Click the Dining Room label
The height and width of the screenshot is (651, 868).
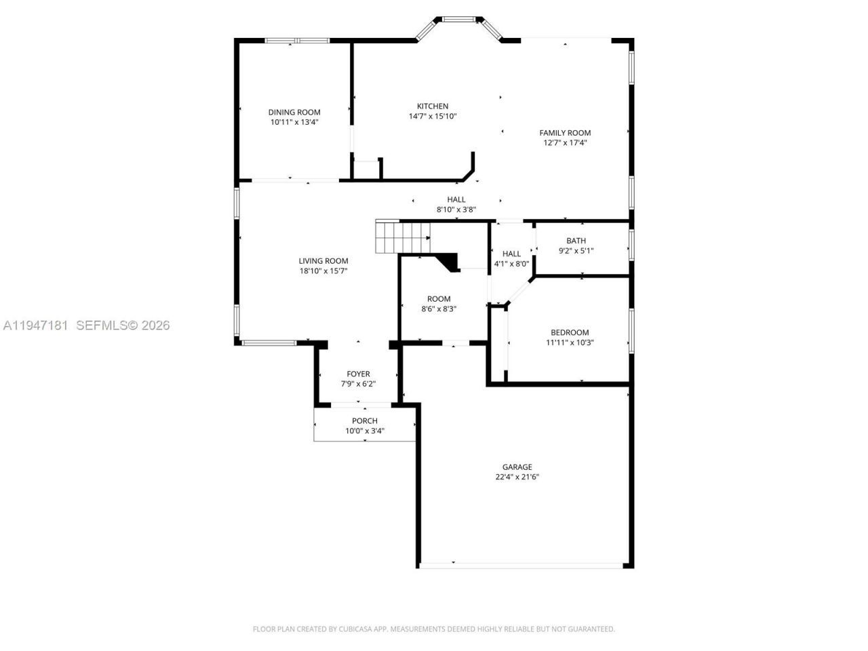coord(294,113)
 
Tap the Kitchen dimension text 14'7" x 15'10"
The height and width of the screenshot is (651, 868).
coord(433,116)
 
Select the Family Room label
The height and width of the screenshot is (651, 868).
coord(565,133)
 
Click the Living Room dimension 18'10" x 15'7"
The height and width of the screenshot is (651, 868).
coord(323,271)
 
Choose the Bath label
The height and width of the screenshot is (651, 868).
coord(576,241)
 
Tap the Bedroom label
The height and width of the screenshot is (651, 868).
coord(570,332)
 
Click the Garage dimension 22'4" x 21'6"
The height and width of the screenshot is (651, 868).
coord(517,477)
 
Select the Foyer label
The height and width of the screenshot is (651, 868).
coord(358,374)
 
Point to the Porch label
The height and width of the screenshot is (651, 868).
coord(365,421)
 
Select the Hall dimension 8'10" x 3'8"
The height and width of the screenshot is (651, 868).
coord(456,210)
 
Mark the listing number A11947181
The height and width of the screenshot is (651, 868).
coord(35,325)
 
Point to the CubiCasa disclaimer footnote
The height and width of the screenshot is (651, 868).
coord(434,629)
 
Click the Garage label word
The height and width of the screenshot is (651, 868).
coord(517,467)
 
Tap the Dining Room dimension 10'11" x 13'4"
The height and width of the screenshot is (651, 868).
coord(294,122)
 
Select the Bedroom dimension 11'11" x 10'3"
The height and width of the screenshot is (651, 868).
coord(570,342)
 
